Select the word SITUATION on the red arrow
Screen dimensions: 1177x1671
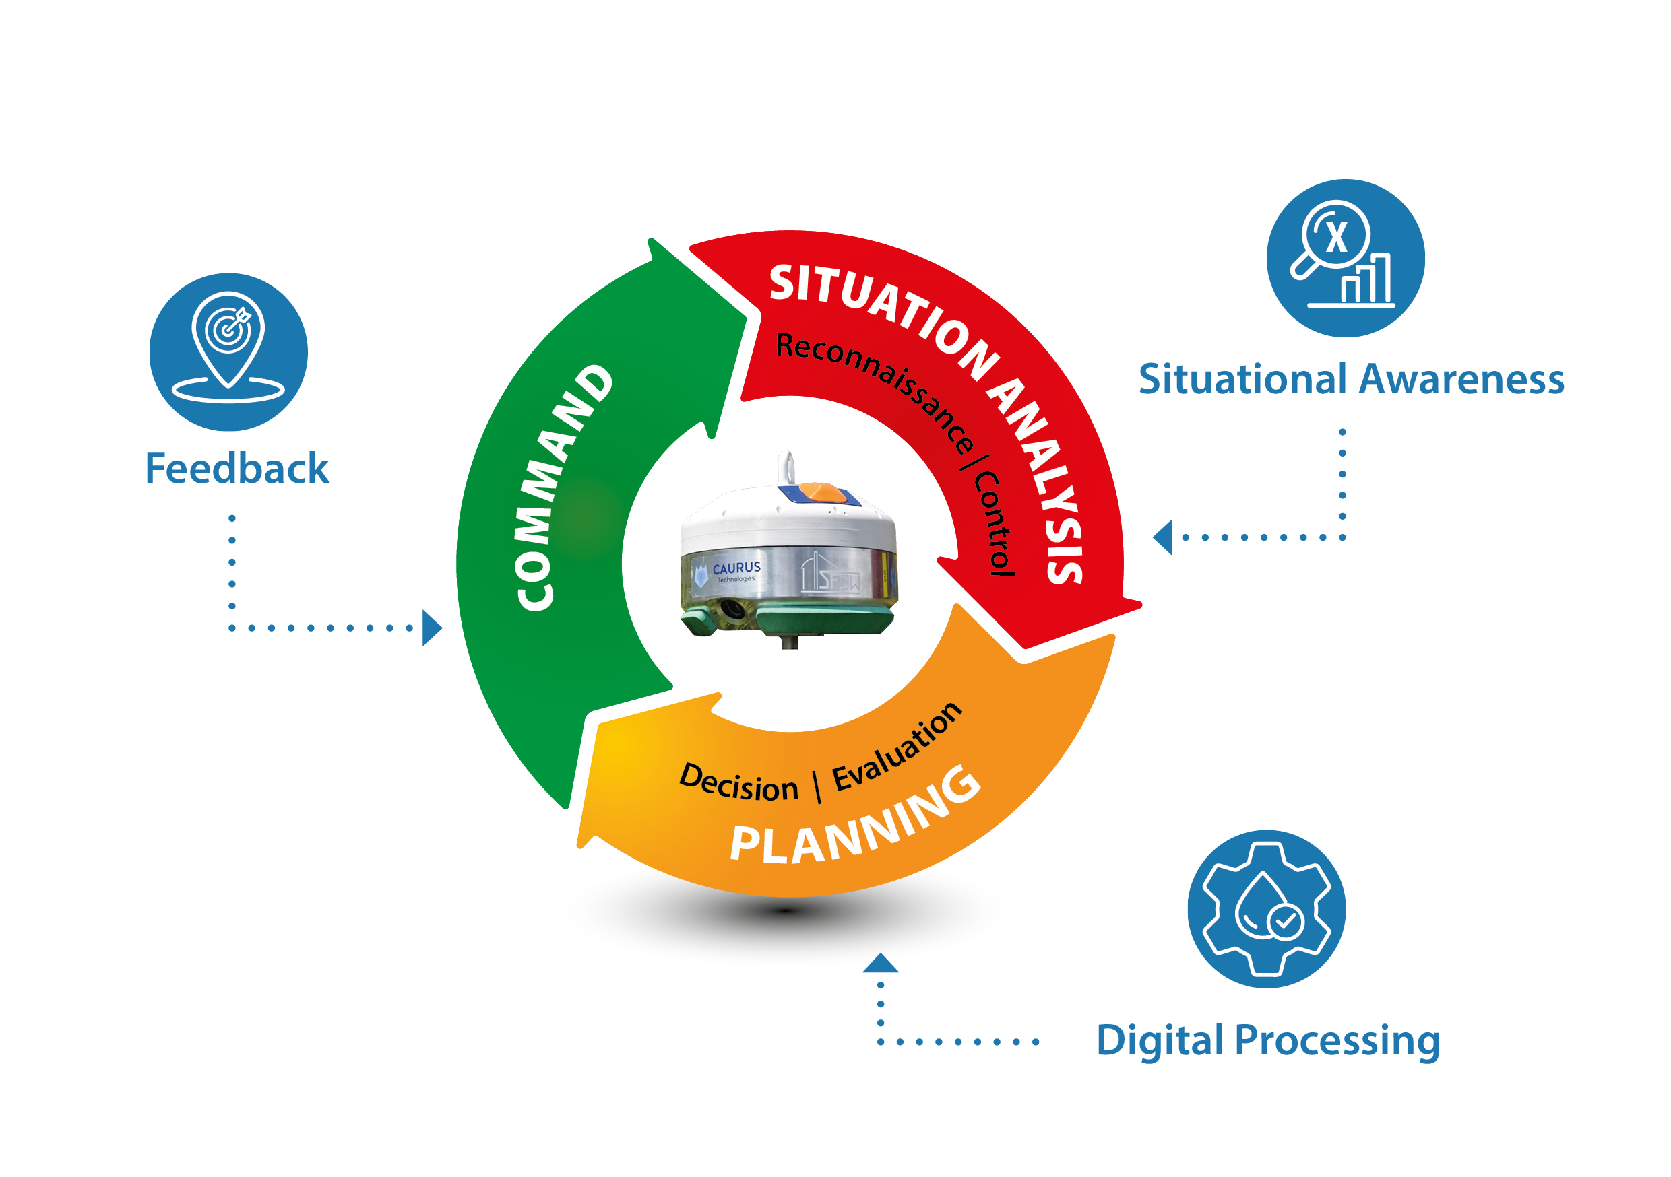pos(881,313)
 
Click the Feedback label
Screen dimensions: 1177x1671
pos(237,468)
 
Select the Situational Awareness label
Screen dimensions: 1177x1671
pos(1352,379)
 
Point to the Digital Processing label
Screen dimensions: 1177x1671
pos(1268,1040)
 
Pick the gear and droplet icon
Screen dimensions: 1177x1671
pos(1266,909)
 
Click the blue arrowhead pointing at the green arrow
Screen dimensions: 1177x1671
pos(432,628)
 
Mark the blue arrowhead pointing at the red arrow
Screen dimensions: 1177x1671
pos(1164,537)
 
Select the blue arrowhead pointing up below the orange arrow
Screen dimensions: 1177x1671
pos(881,964)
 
